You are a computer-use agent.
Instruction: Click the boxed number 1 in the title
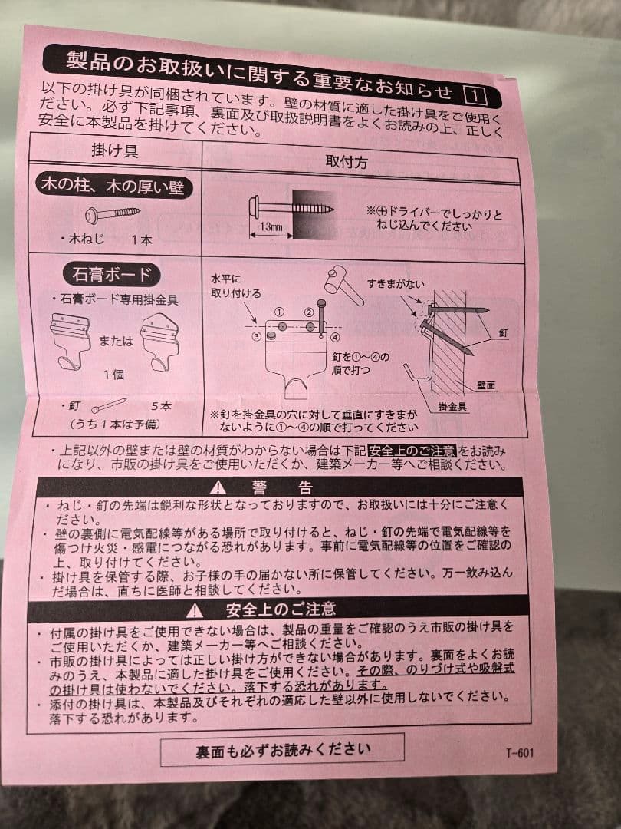click(x=475, y=96)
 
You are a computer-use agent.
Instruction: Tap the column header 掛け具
click(x=115, y=150)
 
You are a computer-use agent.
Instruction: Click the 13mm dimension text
click(x=271, y=227)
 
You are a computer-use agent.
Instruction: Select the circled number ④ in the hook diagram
click(x=335, y=337)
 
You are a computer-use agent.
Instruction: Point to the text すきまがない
click(x=395, y=284)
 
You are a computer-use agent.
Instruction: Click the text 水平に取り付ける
click(x=235, y=287)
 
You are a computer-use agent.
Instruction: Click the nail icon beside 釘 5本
click(x=110, y=405)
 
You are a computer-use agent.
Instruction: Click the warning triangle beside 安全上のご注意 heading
click(x=195, y=610)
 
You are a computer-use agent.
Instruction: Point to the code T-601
click(x=519, y=753)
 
